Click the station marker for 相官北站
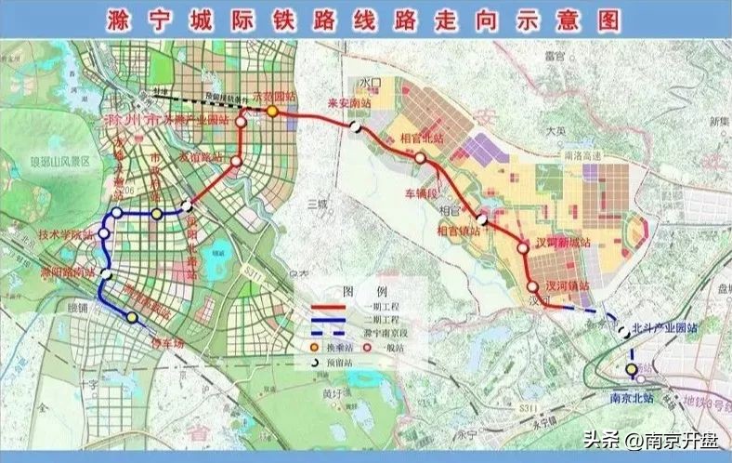421,158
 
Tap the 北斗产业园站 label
664,327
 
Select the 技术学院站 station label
66,236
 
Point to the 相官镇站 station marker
481,219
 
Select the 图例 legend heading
357,289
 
